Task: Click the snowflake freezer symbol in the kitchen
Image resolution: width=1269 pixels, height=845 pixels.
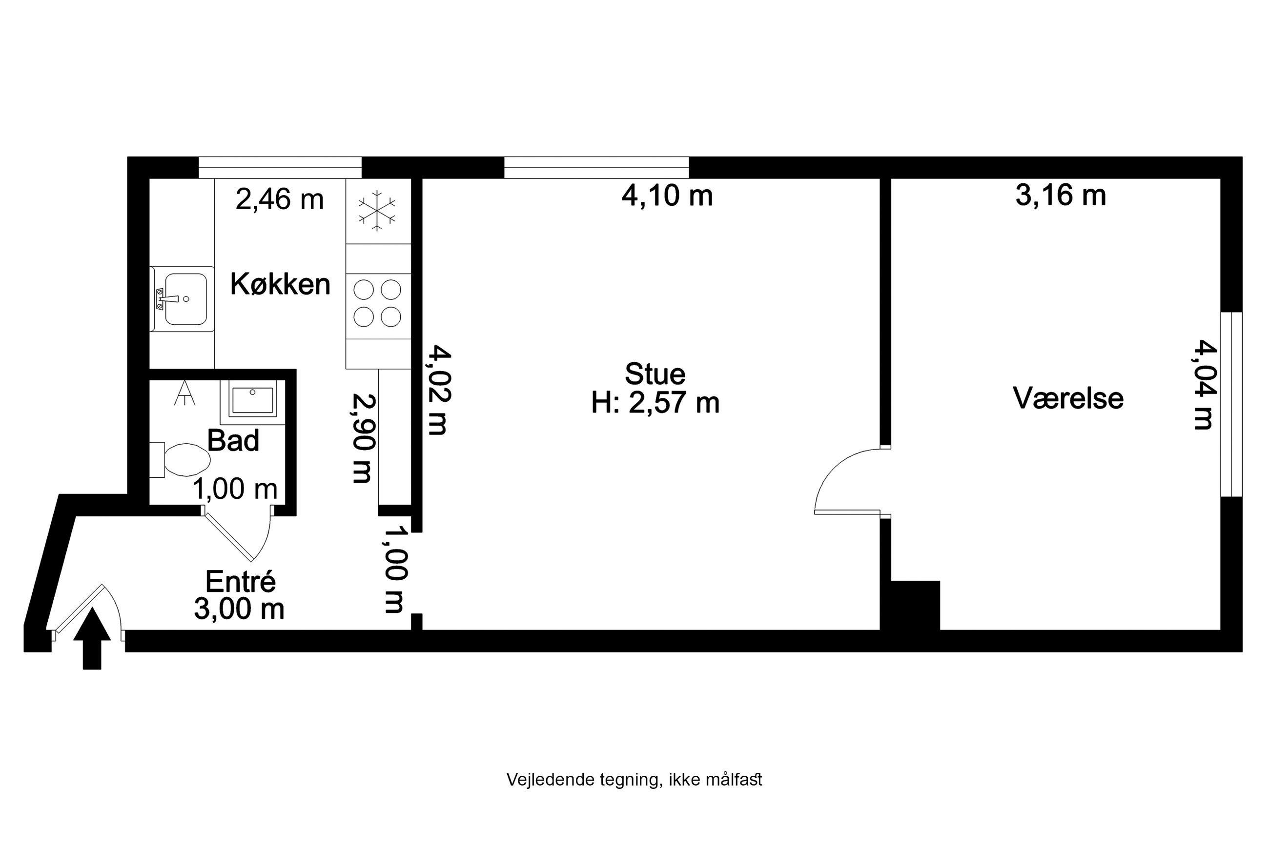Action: point(377,210)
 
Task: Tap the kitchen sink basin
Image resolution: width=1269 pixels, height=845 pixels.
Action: point(185,298)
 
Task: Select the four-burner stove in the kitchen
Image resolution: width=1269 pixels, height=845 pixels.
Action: point(377,303)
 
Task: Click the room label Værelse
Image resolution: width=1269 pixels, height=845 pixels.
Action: point(1068,398)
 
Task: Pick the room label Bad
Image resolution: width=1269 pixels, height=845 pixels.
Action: point(233,440)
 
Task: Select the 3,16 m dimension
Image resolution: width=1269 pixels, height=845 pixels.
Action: point(1060,195)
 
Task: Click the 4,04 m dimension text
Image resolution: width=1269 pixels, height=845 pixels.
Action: point(1204,384)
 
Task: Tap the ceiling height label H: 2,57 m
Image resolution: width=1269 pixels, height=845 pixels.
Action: point(655,403)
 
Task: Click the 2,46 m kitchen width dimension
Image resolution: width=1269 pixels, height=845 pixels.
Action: point(279,199)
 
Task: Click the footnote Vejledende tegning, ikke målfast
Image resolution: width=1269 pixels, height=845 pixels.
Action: point(634,780)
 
